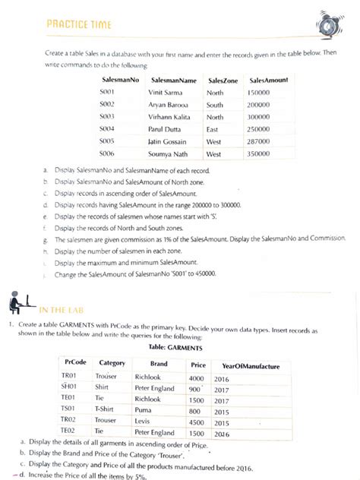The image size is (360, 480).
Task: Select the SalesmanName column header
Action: (174, 80)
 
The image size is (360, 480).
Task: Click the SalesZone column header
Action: (223, 80)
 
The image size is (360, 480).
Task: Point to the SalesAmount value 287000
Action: (259, 141)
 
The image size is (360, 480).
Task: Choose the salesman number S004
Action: (106, 129)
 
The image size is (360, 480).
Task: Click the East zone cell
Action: (213, 129)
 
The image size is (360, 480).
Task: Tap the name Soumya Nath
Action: (169, 153)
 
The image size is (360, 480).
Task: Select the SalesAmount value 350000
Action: (259, 153)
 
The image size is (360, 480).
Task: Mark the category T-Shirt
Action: (103, 409)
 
